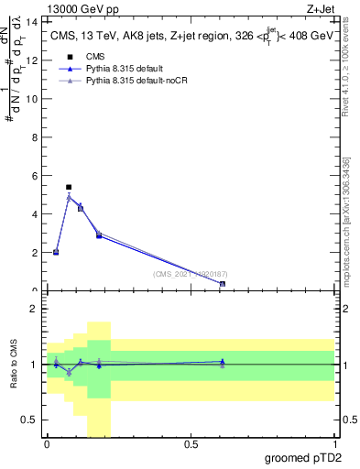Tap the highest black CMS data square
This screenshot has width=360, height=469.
[x=69, y=187]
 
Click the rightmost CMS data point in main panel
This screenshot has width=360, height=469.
[x=223, y=284]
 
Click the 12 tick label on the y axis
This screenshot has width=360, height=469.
[x=35, y=60]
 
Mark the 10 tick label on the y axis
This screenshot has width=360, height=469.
[x=35, y=98]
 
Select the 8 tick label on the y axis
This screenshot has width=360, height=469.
[x=37, y=136]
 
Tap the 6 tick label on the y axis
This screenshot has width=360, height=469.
[x=37, y=175]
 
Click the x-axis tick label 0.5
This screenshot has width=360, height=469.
[x=191, y=444]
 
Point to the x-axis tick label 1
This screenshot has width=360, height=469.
[x=334, y=444]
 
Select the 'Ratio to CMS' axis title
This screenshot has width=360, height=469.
[x=14, y=365]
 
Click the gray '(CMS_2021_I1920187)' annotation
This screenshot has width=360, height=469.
[x=191, y=273]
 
